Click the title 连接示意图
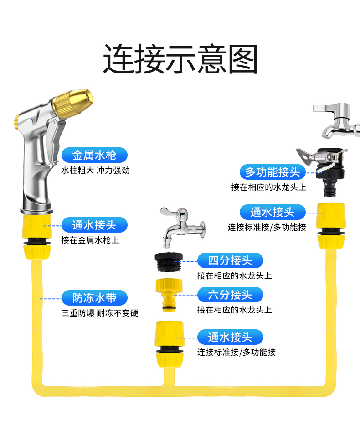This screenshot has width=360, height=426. point(180,59)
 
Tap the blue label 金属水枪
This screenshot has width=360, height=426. point(94,155)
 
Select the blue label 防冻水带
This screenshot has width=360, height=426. point(94,298)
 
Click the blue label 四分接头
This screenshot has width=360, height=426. point(230,261)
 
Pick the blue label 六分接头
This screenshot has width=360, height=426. point(230,295)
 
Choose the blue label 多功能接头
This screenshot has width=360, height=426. point(273,172)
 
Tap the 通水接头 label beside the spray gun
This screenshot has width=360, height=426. point(94,225)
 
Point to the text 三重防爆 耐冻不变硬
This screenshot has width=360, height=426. point(100,313)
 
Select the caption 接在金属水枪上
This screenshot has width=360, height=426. point(90,240)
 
